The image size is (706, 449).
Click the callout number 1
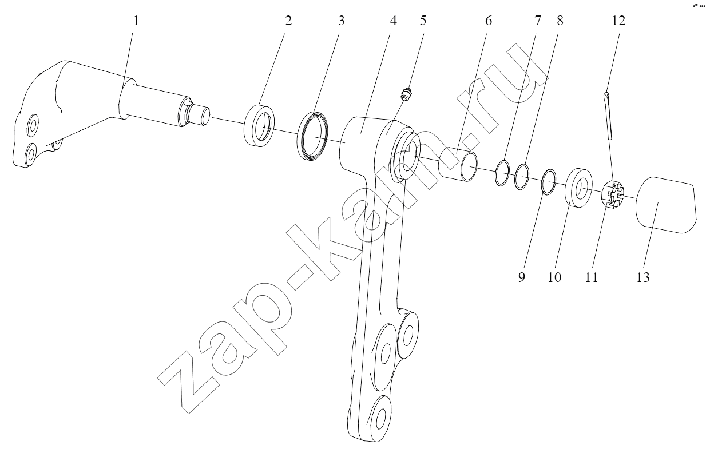coord(136,21)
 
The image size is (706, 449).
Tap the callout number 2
coord(288,21)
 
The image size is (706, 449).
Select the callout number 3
coord(342,21)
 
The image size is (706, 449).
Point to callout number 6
coord(488,21)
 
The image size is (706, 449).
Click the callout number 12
coord(618,21)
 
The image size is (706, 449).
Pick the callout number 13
coord(643,277)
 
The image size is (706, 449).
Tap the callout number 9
coord(522,277)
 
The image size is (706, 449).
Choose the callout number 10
coord(554,277)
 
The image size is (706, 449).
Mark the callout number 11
coord(591,277)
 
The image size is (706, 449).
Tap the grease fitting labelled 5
coord(406,94)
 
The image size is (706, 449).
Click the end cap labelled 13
coord(665,205)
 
